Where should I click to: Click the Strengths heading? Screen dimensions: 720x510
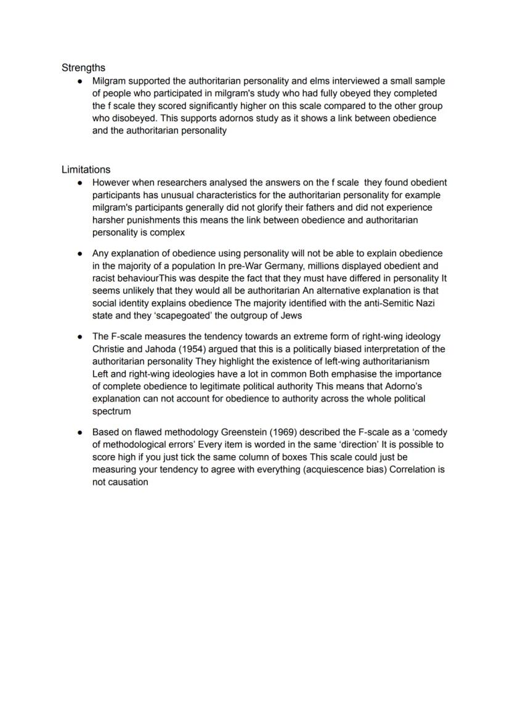pos(83,68)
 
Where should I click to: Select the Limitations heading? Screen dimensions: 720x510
pos(86,169)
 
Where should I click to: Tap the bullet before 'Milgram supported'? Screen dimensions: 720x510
pos(80,81)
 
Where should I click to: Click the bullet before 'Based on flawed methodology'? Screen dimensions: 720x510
pos(80,432)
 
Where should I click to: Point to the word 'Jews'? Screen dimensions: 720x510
pos(292,315)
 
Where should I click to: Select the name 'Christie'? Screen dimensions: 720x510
pos(110,349)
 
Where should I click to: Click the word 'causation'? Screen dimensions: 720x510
pos(127,482)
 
